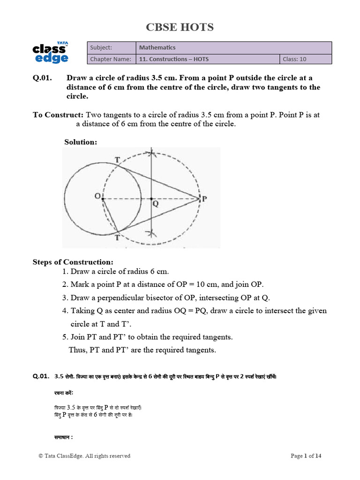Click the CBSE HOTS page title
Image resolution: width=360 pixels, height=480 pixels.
tap(180, 28)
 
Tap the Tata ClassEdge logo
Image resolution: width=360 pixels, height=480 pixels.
tap(51, 52)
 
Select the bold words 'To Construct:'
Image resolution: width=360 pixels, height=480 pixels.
tap(58, 115)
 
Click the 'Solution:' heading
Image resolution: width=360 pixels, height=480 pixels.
tap(80, 142)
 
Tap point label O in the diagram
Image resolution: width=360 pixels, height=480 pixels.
tap(97, 197)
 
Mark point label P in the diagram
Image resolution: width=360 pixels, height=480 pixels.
tap(204, 198)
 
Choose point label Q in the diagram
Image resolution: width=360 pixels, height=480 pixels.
tap(155, 204)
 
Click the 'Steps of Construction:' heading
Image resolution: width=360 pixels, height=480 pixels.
tap(73, 262)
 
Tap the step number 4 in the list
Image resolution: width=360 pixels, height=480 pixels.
tap(64, 311)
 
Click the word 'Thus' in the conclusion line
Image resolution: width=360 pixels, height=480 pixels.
tap(77, 350)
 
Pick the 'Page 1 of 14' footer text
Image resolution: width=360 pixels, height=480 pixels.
tap(306, 456)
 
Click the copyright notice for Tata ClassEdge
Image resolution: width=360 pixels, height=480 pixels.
tap(84, 456)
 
